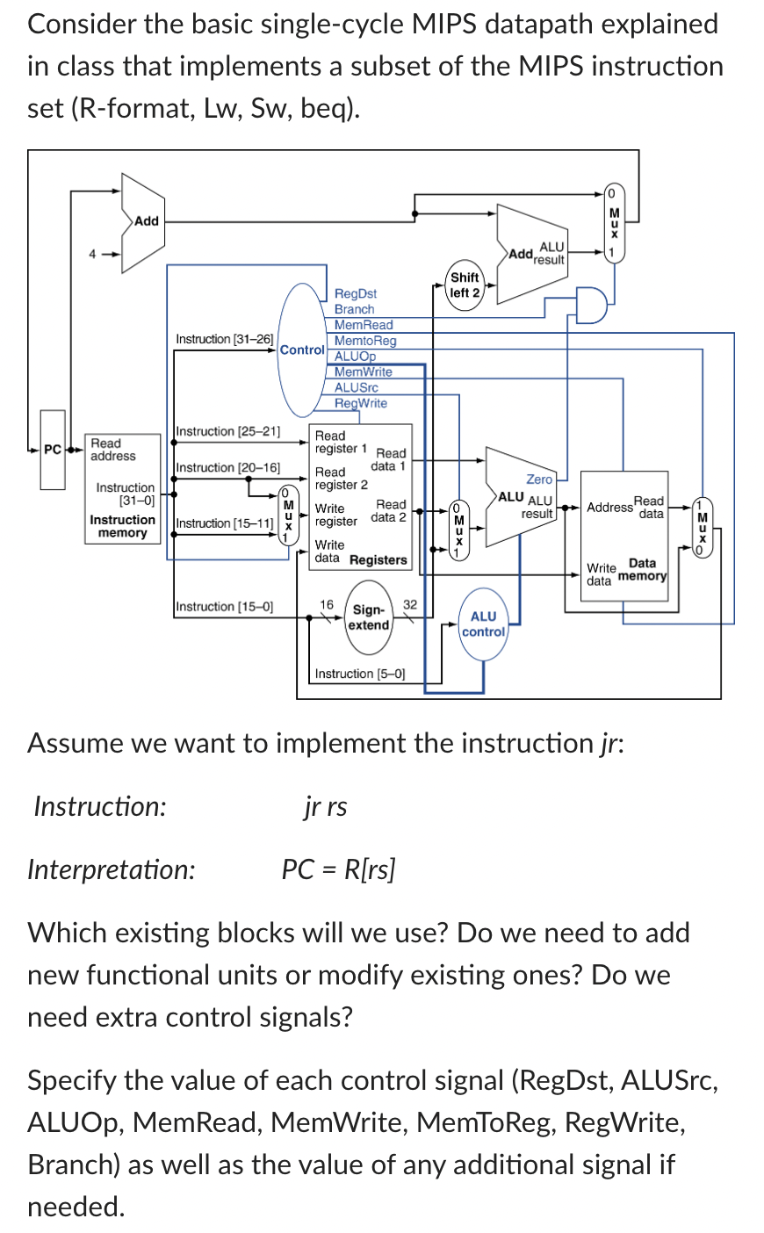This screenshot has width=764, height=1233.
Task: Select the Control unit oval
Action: [x=301, y=350]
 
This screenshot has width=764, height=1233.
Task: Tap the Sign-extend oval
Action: [x=369, y=617]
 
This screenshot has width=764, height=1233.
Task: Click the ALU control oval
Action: [x=483, y=624]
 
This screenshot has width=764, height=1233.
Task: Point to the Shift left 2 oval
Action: [x=465, y=285]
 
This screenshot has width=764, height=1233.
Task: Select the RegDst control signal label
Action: [x=356, y=293]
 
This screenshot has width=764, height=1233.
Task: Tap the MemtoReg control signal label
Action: [x=365, y=341]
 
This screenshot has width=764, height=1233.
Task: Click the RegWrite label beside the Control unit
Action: [x=360, y=403]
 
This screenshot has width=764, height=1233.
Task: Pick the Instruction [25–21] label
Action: [x=227, y=431]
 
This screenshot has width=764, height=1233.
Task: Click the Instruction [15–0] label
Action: [x=224, y=606]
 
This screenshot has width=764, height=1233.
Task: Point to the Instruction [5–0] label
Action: [x=359, y=674]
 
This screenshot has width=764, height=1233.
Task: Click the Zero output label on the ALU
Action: [x=539, y=479]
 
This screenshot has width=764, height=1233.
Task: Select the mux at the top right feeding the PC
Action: [x=614, y=223]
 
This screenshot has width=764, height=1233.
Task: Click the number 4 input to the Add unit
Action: [x=90, y=255]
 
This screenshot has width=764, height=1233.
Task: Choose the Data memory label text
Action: [x=642, y=570]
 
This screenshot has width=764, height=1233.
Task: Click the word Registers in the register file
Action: [x=378, y=559]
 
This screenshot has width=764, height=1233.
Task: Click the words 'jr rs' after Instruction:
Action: [x=325, y=806]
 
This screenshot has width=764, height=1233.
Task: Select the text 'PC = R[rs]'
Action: [x=338, y=869]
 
